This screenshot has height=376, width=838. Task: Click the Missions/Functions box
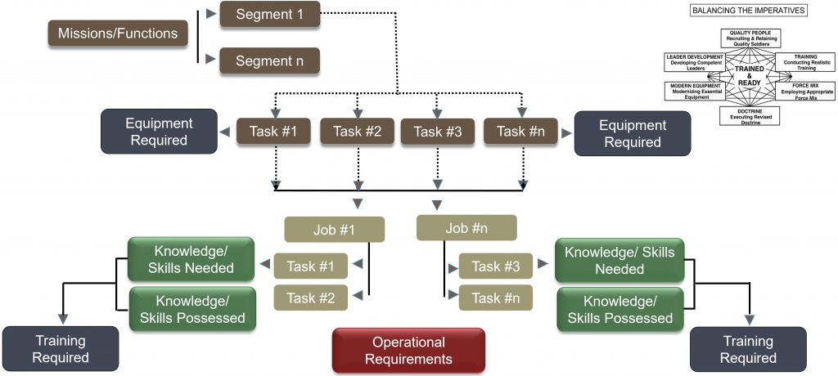[119, 34]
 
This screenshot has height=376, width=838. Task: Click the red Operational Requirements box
[408, 350]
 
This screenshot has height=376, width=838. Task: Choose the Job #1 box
[334, 230]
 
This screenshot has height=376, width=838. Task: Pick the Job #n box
[466, 228]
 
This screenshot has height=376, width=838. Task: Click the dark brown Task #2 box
[357, 132]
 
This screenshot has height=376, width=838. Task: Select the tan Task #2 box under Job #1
[310, 298]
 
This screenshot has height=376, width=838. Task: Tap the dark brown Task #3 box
[438, 132]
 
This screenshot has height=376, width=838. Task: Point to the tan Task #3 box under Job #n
[496, 266]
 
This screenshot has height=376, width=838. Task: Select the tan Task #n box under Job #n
[496, 298]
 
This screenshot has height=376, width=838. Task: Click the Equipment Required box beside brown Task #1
[159, 132]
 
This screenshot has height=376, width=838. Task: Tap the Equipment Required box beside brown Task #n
[633, 133]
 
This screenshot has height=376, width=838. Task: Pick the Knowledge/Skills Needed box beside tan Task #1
[191, 258]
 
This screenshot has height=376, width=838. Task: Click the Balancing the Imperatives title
[749, 11]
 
